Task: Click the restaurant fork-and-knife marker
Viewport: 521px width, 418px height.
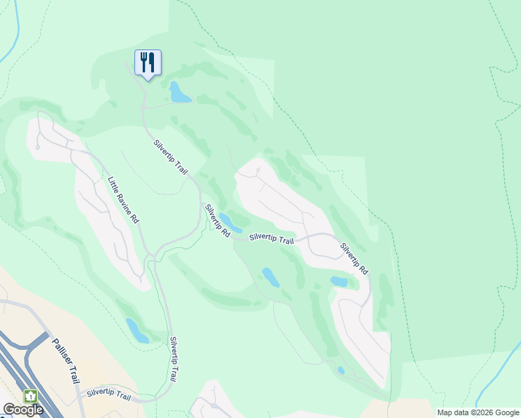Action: [x=148, y=62]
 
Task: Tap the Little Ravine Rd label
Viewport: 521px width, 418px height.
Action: [x=123, y=199]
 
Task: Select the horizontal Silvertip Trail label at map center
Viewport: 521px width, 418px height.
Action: [x=271, y=238]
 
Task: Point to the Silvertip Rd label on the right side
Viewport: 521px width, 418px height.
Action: [x=354, y=258]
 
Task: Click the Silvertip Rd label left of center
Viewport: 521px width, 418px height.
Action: [x=217, y=222]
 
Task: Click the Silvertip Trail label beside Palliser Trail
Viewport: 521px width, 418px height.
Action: [x=109, y=395]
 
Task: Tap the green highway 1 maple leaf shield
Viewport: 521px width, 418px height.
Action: [x=31, y=396]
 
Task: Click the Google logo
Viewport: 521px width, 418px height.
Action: [x=23, y=410]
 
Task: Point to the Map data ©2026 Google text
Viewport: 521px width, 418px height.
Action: [x=478, y=412]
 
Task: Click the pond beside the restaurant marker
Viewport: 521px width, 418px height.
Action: [x=180, y=93]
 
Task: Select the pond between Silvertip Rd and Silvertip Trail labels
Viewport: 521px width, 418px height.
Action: [x=231, y=222]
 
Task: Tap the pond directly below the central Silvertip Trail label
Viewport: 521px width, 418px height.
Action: [x=270, y=277]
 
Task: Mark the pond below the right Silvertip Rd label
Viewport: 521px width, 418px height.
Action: [x=339, y=281]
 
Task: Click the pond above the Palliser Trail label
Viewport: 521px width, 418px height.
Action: [x=137, y=330]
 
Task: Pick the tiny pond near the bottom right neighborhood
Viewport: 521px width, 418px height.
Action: [x=341, y=370]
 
